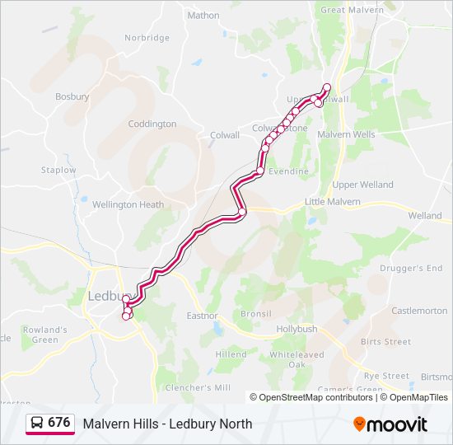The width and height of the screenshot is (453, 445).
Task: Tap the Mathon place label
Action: [x=203, y=15]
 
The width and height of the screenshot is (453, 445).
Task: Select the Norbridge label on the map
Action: [x=147, y=38]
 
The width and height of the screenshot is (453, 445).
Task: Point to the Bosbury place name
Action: [x=72, y=96]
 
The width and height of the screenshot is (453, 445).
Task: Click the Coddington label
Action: [x=152, y=124]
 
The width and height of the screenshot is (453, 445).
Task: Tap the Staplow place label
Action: [x=58, y=171]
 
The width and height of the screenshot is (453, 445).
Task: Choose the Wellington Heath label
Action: [x=128, y=204]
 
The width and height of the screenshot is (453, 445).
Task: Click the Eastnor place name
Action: [x=202, y=315]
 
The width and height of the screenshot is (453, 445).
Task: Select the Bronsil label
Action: [x=255, y=314]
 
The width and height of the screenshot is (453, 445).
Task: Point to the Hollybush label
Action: [x=297, y=328]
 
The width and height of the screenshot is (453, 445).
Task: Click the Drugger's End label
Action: [x=411, y=269]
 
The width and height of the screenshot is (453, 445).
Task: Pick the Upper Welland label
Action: [x=363, y=185]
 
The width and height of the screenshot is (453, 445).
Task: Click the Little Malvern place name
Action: [x=333, y=201]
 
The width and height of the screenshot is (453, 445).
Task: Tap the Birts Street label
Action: [x=385, y=342]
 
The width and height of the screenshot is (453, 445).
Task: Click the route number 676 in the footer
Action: [x=58, y=423]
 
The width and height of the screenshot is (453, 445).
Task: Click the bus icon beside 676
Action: [x=37, y=423]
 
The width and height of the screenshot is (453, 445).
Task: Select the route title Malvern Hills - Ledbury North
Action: [x=167, y=424]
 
